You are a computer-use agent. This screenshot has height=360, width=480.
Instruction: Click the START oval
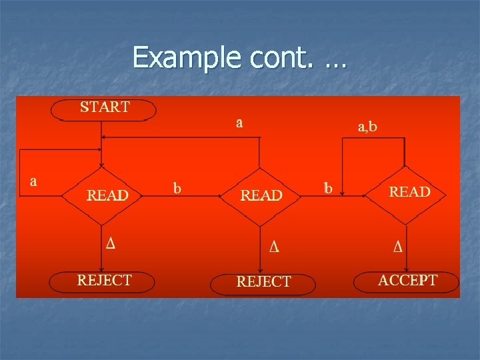click(x=105, y=109)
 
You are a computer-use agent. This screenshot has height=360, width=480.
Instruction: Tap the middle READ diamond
click(x=261, y=195)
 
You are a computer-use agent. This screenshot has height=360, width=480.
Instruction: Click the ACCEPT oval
click(x=407, y=281)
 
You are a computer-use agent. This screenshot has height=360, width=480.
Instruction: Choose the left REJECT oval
click(x=104, y=281)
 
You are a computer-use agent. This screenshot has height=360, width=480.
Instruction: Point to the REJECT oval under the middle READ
click(x=263, y=283)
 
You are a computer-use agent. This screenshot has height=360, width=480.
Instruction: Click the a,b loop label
click(x=367, y=126)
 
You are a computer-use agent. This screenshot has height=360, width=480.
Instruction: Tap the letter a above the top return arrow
click(x=239, y=123)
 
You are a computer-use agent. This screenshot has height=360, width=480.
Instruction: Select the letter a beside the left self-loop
click(x=33, y=181)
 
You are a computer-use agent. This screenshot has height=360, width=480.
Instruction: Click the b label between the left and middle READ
click(x=177, y=189)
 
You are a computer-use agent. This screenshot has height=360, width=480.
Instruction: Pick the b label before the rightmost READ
click(x=327, y=189)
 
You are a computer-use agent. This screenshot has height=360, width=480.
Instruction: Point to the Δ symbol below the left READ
click(x=111, y=242)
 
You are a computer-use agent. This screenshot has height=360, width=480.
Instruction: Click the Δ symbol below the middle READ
click(x=273, y=247)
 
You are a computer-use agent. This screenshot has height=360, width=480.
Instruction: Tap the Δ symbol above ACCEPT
click(x=398, y=247)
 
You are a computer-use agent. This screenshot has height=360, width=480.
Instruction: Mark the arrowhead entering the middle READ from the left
click(x=221, y=196)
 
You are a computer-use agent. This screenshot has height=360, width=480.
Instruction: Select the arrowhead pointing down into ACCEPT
click(x=405, y=269)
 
